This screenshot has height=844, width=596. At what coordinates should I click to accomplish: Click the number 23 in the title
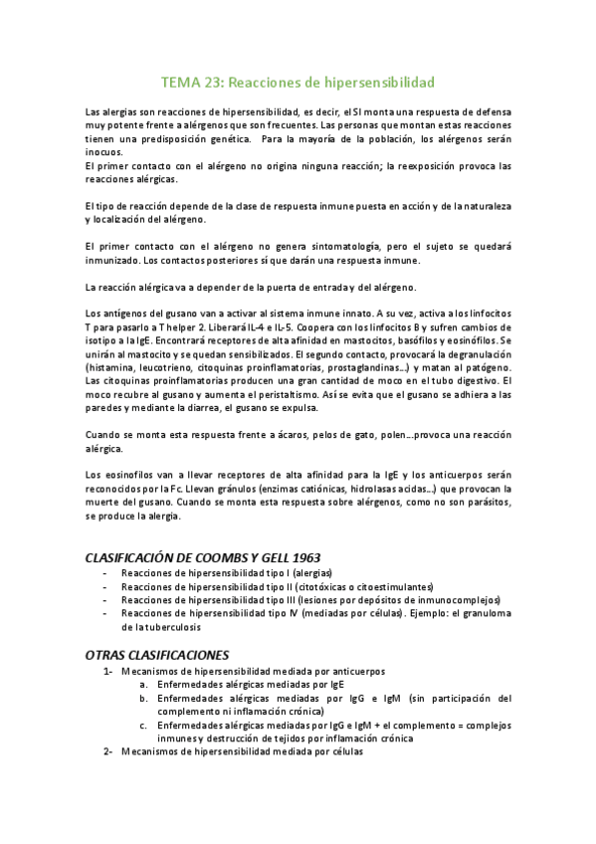pos(216,83)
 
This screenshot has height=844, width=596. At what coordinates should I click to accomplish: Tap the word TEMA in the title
pos(182,83)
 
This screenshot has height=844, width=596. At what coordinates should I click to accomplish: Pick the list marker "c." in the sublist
pos(143,726)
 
